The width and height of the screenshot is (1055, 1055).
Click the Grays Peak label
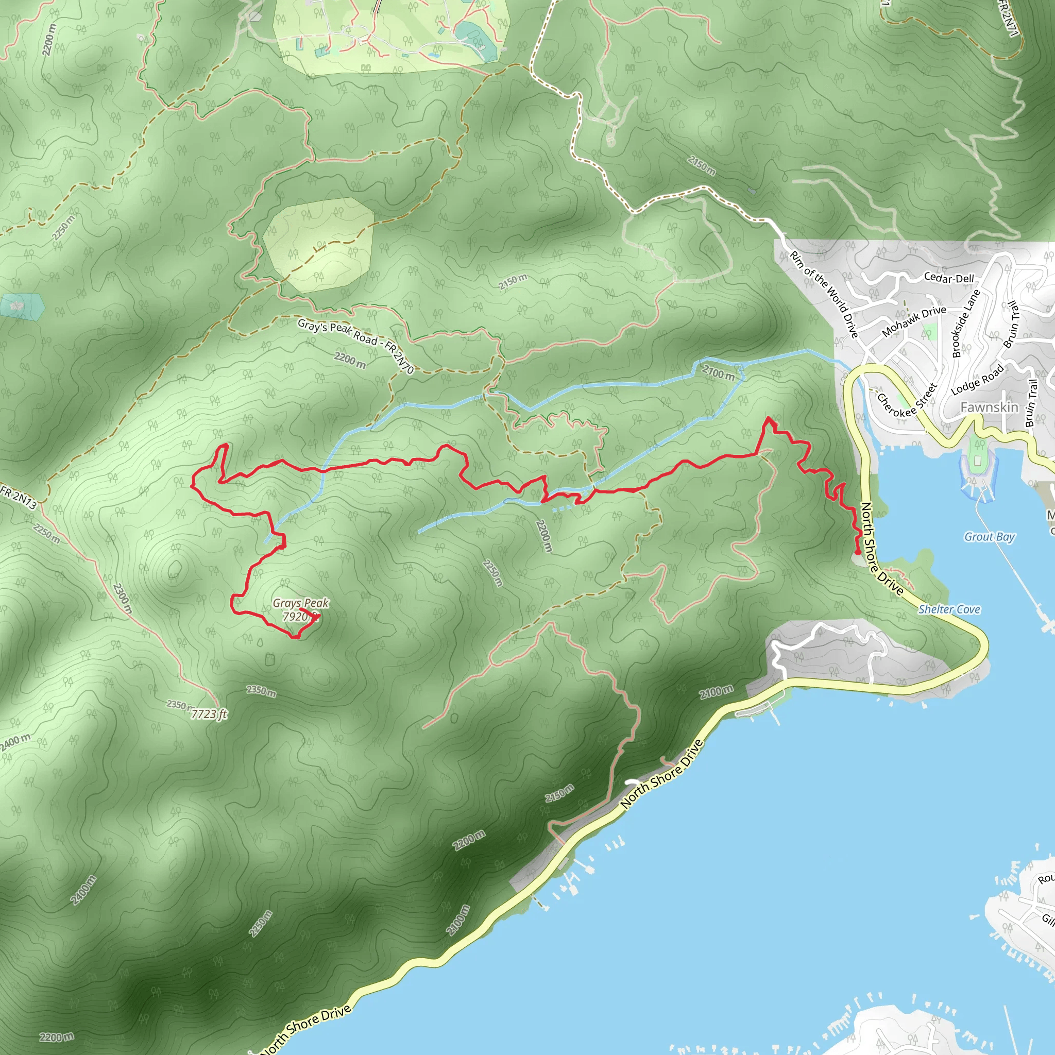coord(301,603)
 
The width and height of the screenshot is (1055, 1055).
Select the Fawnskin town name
coord(989,407)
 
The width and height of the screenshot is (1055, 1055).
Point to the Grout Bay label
coord(989,537)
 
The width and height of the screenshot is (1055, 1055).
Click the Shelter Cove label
coord(949,609)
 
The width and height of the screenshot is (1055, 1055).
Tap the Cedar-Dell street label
coord(948,278)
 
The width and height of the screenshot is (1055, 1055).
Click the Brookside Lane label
coord(965,324)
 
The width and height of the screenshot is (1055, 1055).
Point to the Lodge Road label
coord(977,380)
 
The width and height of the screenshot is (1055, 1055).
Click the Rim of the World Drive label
coord(825,294)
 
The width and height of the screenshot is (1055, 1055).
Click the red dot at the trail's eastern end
coord(858,553)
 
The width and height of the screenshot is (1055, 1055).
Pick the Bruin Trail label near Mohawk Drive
coord(1011,325)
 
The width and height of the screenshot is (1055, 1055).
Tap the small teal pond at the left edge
coord(22,307)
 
